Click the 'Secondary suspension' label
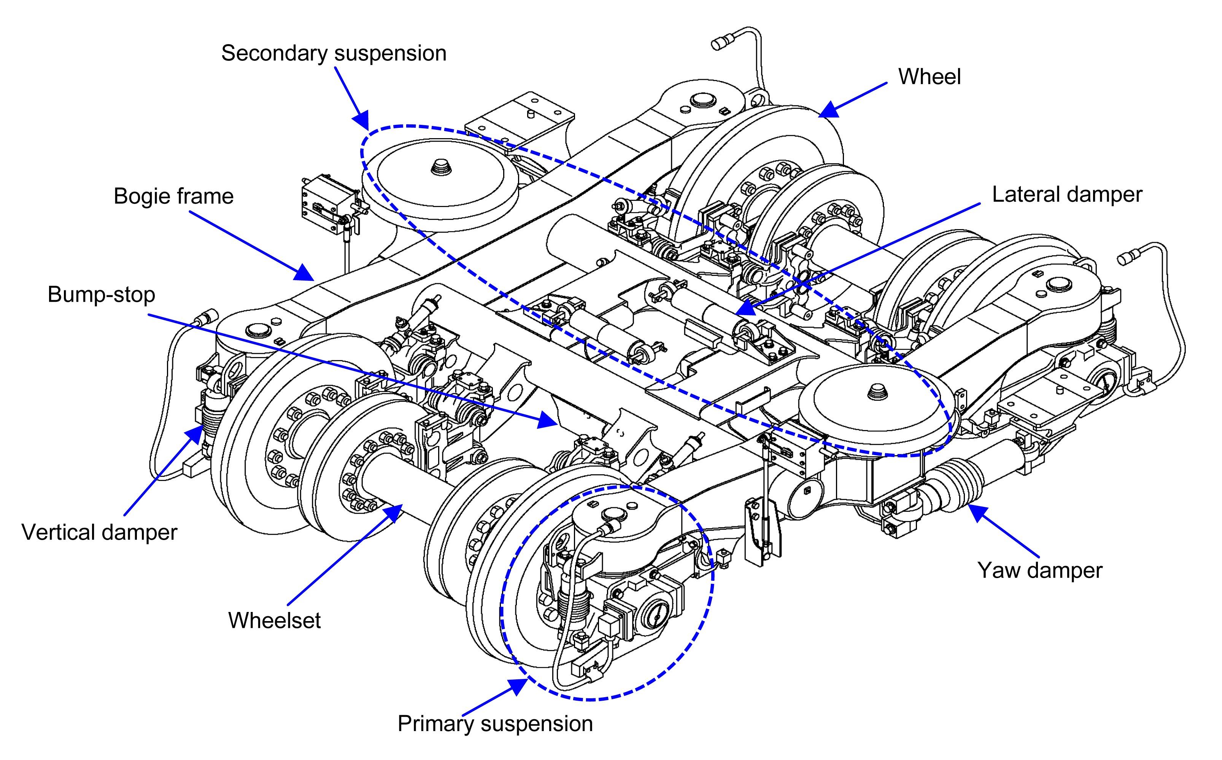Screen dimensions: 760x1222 334,53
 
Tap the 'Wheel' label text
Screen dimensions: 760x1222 929,77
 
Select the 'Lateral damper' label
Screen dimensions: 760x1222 1067,194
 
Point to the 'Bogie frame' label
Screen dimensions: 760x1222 173,196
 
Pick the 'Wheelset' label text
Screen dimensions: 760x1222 274,620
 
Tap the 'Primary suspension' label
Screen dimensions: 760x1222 495,724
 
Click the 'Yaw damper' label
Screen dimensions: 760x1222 1040,570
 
